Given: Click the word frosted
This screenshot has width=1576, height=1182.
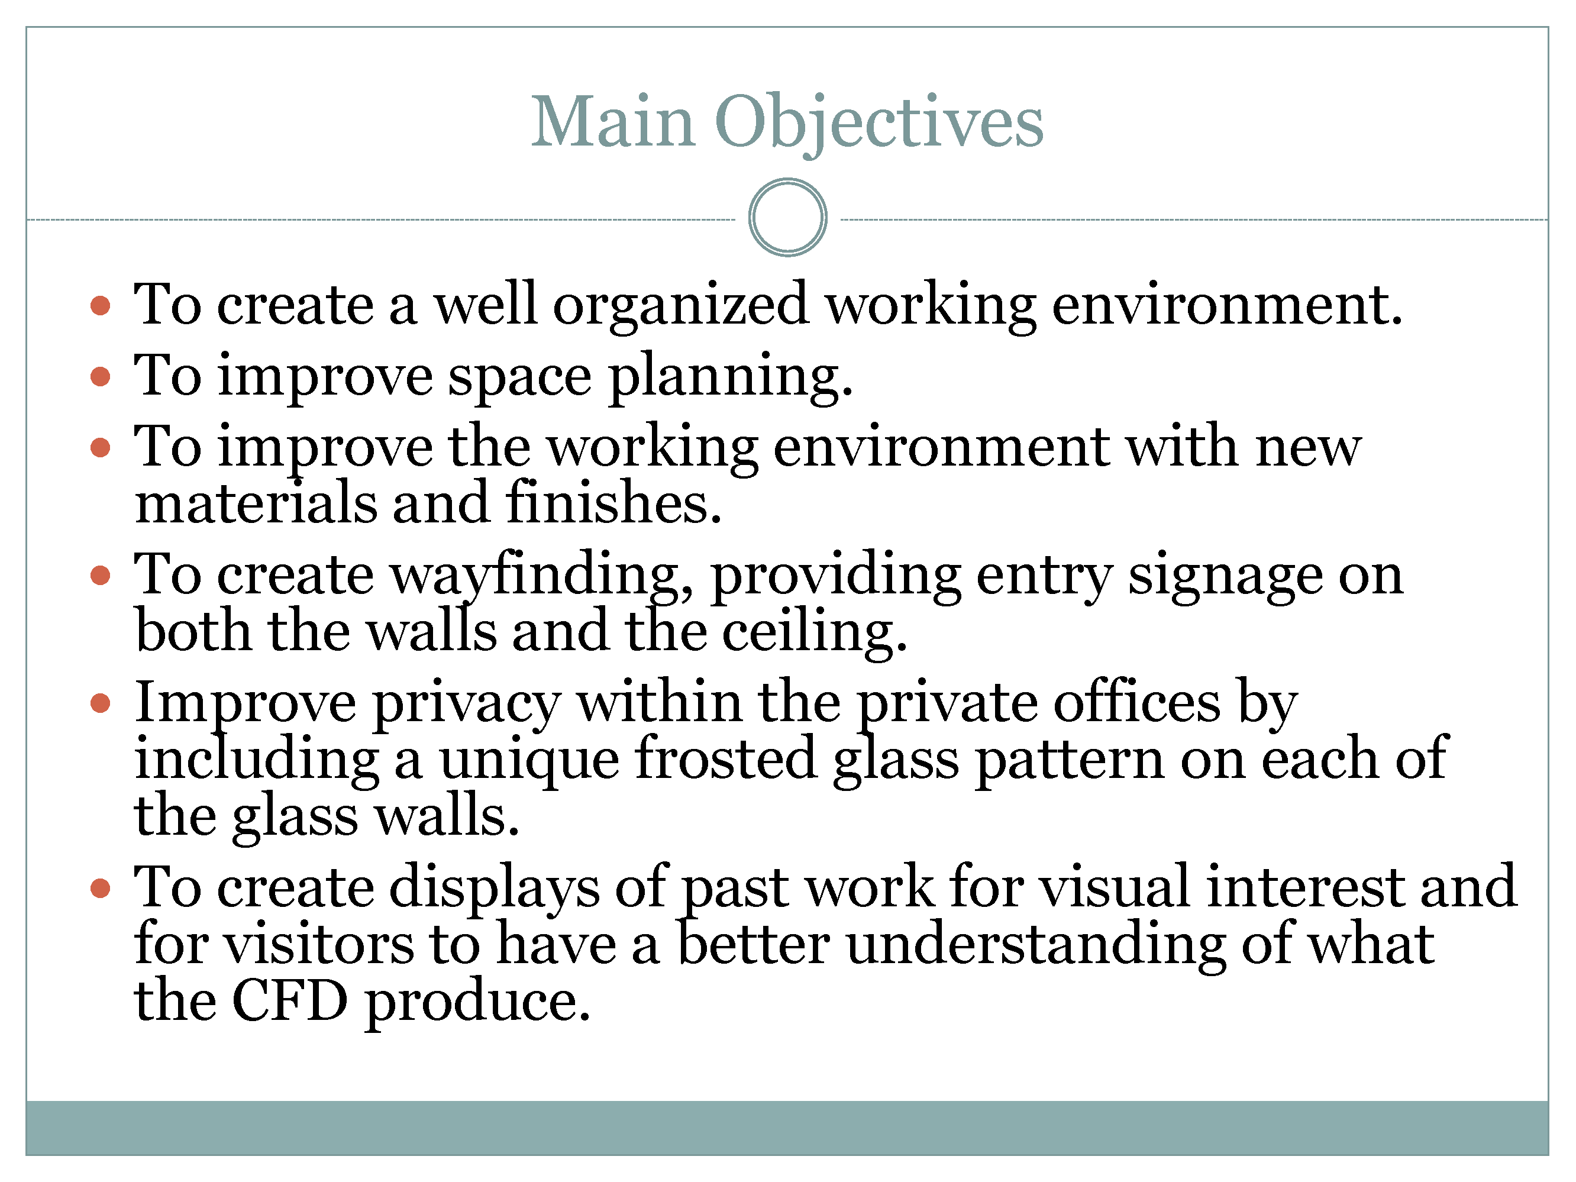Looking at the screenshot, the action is (725, 759).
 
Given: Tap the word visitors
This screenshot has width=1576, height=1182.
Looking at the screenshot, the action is (319, 945).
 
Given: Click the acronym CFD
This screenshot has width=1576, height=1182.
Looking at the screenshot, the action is (290, 1002).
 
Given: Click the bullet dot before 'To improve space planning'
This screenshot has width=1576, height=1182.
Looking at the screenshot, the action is (101, 376).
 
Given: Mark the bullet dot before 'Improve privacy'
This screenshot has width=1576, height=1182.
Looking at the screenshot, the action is (101, 703).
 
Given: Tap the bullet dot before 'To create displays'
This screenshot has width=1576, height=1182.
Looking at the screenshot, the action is (101, 888).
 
